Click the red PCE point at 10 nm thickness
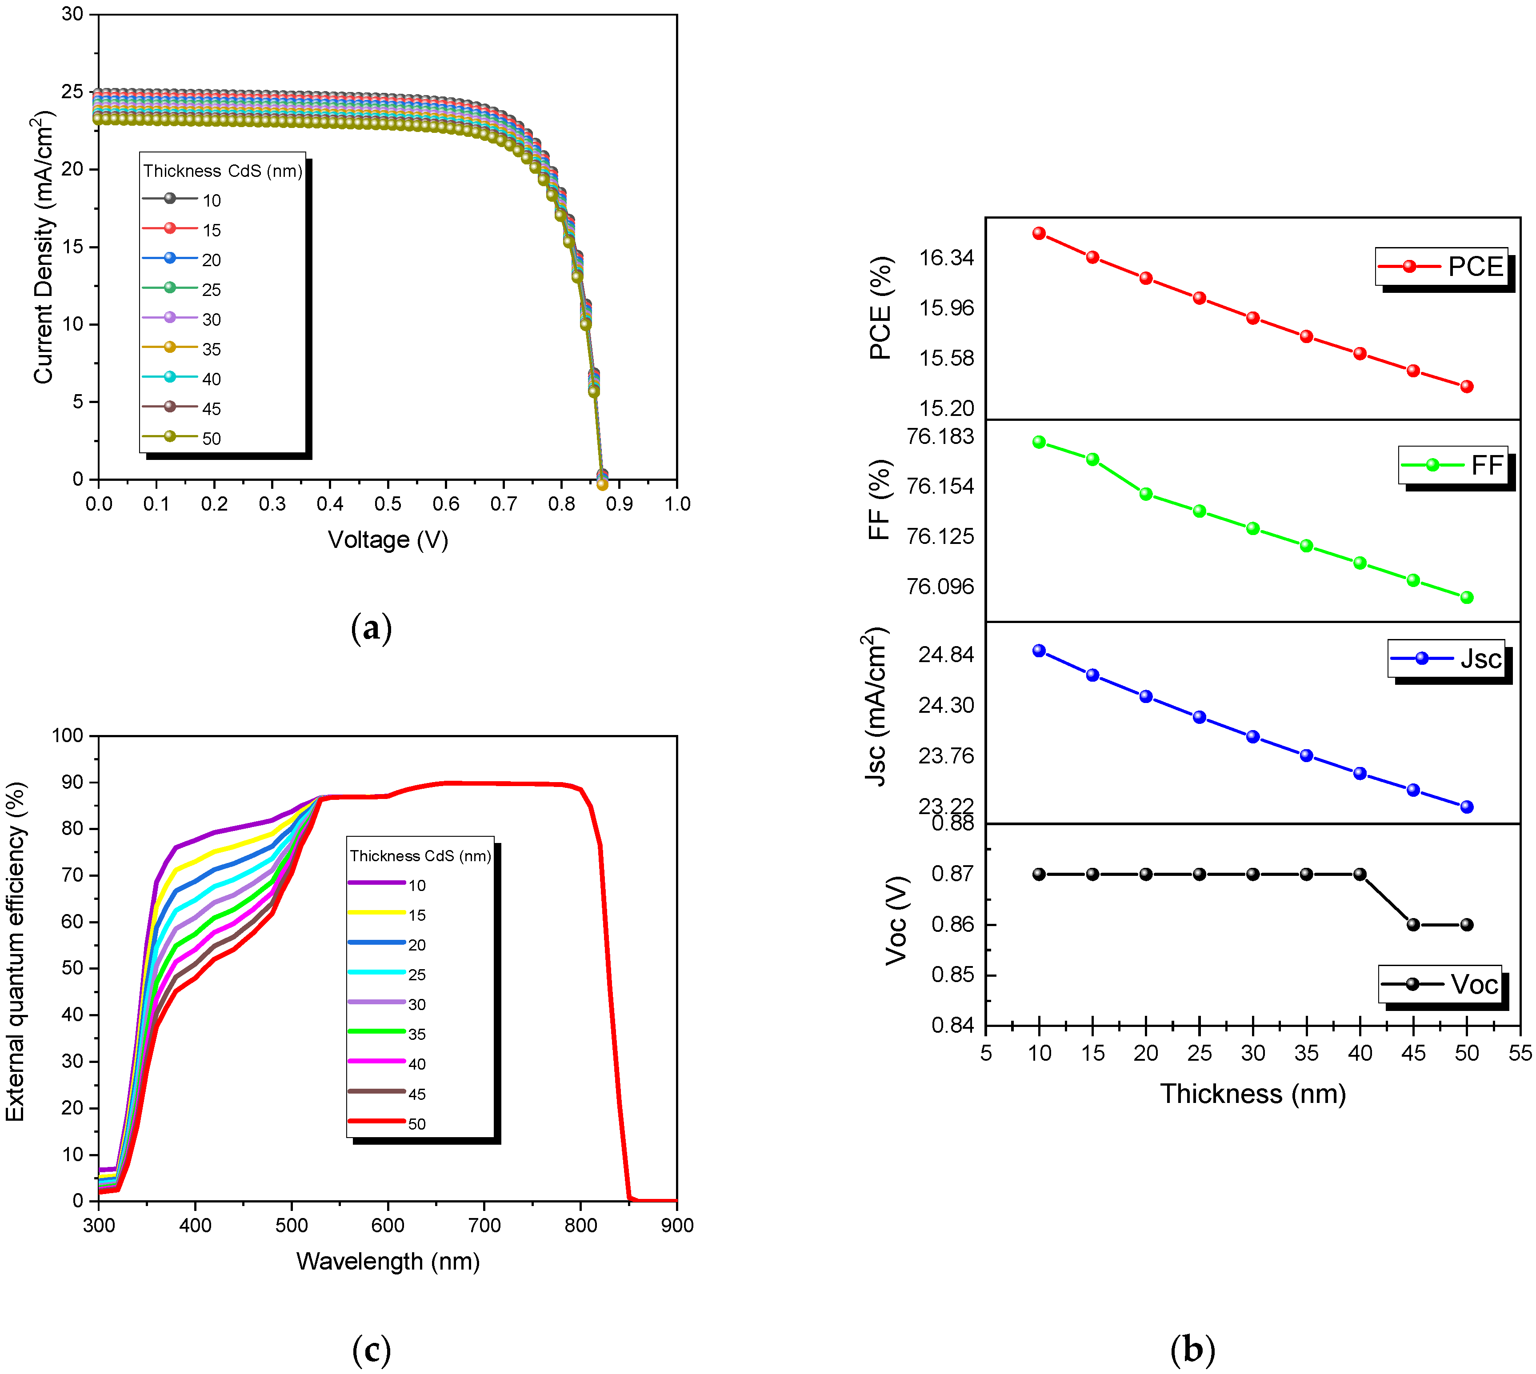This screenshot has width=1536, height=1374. pyautogui.click(x=1039, y=233)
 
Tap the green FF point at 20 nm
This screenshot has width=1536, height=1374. pyautogui.click(x=1146, y=494)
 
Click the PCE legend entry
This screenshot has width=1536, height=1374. pyautogui.click(x=1441, y=267)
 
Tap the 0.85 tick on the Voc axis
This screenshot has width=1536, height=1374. pyautogui.click(x=952, y=975)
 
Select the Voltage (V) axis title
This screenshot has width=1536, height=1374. pyautogui.click(x=388, y=540)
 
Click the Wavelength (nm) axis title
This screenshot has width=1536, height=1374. pyautogui.click(x=388, y=1262)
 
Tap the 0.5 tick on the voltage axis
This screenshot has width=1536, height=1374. pyautogui.click(x=388, y=503)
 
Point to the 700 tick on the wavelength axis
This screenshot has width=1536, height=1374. pyautogui.click(x=484, y=1225)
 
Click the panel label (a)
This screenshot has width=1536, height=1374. pyautogui.click(x=372, y=628)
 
